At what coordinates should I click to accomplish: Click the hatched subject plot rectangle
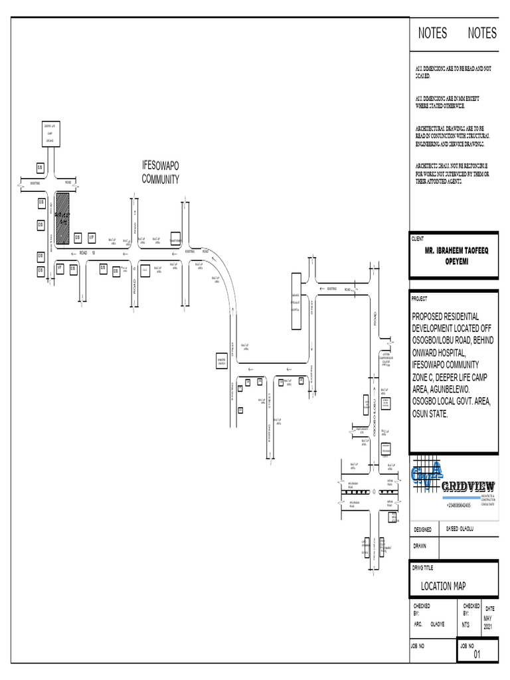(62, 218)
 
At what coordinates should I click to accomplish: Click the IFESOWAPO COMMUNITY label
(161, 173)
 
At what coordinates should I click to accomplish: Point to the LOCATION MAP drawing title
(443, 586)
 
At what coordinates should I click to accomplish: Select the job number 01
(476, 655)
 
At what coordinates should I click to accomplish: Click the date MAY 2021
(489, 622)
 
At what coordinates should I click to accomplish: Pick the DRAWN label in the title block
(420, 546)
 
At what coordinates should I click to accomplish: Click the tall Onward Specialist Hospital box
(296, 301)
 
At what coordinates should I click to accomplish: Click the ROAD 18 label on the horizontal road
(88, 253)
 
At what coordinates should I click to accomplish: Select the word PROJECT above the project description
(420, 299)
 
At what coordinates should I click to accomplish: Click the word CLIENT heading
(418, 238)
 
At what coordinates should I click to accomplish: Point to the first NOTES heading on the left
(432, 33)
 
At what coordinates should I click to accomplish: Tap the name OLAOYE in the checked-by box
(437, 624)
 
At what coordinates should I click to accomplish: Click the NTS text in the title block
(467, 624)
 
